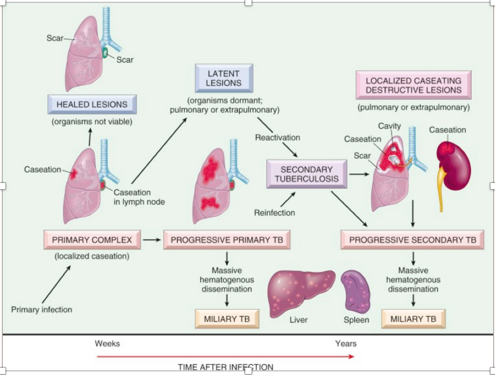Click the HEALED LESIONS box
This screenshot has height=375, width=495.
click(92, 104)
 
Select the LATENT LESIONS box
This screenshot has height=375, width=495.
click(224, 78)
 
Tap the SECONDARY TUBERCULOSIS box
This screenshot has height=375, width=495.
click(306, 174)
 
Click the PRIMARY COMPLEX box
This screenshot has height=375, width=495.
click(92, 239)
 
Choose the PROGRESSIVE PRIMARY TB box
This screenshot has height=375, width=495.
click(227, 239)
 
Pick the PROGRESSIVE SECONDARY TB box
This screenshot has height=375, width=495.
click(412, 239)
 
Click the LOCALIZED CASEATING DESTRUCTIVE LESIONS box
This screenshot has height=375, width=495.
click(413, 85)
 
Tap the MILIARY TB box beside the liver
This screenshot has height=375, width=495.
click(227, 318)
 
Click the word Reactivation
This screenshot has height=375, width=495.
click(277, 137)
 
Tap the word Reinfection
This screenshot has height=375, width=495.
click(274, 212)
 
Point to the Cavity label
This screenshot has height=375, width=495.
click(389, 126)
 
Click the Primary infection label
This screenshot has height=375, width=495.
click(42, 309)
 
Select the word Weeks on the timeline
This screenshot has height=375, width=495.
click(107, 343)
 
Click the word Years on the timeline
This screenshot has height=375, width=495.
click(345, 343)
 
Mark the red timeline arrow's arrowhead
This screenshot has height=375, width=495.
click(351, 356)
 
